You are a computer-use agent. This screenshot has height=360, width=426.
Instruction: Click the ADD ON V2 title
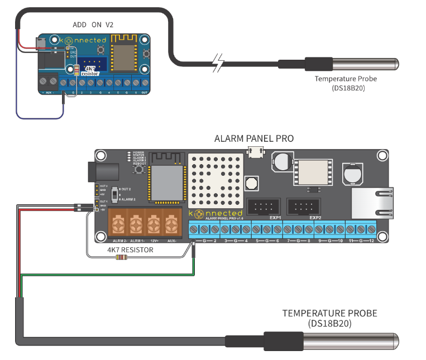point(94,25)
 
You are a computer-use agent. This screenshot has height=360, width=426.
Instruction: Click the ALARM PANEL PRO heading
point(254,138)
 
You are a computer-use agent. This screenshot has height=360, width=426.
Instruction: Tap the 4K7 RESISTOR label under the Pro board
point(130,250)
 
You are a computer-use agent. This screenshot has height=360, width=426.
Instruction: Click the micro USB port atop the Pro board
point(257,151)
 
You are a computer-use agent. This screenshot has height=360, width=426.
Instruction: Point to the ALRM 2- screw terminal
point(118,225)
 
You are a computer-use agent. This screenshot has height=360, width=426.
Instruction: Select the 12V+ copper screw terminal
point(154,225)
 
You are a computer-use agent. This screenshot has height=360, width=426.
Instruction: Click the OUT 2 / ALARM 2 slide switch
point(116,194)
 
